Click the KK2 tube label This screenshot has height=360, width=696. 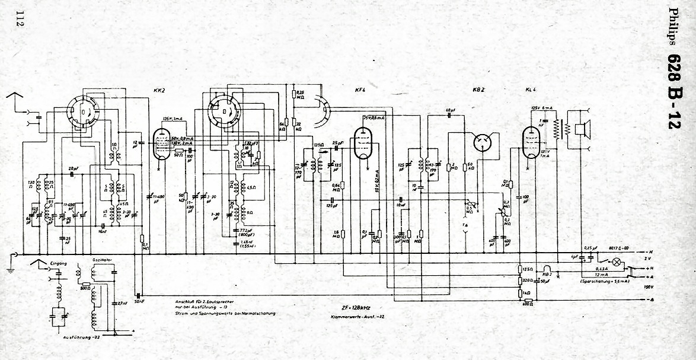(x=158, y=90)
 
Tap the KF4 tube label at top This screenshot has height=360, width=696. (x=359, y=90)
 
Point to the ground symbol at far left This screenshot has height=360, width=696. (x=10, y=262)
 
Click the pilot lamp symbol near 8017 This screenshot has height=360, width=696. (x=617, y=261)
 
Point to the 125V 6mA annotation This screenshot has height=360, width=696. (x=542, y=107)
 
